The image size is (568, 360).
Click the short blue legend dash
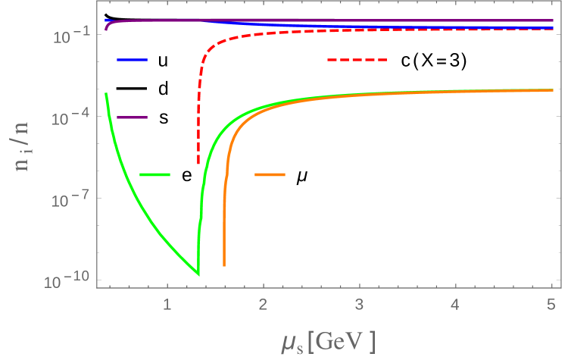(x=133, y=59)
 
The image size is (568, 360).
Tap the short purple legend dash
(x=133, y=117)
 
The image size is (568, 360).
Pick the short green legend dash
(x=155, y=175)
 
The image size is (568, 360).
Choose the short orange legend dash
(x=270, y=175)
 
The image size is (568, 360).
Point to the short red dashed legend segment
(x=357, y=60)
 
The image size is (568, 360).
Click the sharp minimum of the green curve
(x=198, y=274)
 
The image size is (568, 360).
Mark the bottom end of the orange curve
(x=223, y=265)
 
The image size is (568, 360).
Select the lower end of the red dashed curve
(x=198, y=163)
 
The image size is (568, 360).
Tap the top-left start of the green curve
(x=106, y=93)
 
